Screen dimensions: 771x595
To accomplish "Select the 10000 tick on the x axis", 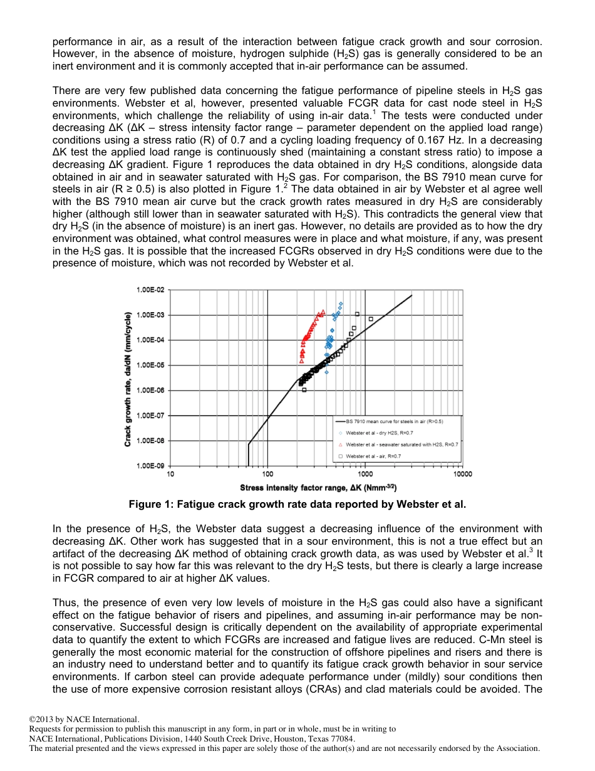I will [x=462, y=475].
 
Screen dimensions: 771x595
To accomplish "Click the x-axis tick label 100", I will [x=268, y=475].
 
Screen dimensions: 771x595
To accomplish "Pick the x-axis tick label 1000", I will [x=365, y=475].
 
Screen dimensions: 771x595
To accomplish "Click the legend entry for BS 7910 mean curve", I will [x=394, y=421].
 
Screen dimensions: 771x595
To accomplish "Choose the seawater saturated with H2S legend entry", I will [x=401, y=444].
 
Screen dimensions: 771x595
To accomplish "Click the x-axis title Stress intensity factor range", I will [x=318, y=488].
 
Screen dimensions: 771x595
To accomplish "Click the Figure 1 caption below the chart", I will [x=297, y=505].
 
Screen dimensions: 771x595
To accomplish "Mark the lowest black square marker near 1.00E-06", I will [x=304, y=390].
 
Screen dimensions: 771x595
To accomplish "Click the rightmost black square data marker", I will [x=371, y=319].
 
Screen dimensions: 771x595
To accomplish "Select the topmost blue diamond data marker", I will [x=341, y=304].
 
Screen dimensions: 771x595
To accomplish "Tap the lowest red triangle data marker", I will [x=302, y=361].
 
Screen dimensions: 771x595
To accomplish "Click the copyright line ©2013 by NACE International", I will [x=84, y=720].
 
